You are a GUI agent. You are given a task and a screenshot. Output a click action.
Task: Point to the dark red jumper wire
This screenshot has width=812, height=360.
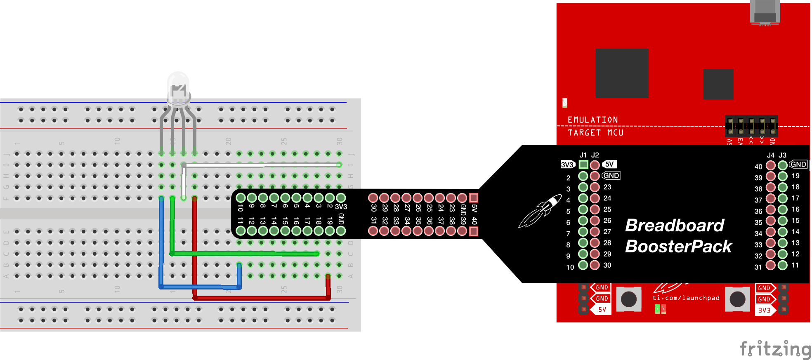point(260,297)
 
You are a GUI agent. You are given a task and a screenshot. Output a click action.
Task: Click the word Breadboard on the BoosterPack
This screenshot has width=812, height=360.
point(674,226)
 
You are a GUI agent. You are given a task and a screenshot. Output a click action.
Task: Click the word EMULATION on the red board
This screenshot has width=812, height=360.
point(592,120)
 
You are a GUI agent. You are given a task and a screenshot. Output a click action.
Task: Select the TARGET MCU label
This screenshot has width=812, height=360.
point(595,133)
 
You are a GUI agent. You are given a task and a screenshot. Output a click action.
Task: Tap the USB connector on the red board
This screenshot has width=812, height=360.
point(765,12)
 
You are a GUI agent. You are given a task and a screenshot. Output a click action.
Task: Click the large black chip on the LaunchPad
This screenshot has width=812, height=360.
point(622,73)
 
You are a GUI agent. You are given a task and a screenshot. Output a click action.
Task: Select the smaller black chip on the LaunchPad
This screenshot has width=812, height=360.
point(718,84)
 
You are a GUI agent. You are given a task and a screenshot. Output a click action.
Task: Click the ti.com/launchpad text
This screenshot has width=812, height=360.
point(686,298)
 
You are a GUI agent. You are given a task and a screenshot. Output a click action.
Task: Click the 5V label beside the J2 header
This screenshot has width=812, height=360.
point(609,164)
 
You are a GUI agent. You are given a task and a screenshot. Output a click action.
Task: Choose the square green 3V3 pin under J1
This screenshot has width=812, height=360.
point(583,165)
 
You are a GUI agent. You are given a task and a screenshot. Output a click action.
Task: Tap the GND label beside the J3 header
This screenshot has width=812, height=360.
point(798,164)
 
